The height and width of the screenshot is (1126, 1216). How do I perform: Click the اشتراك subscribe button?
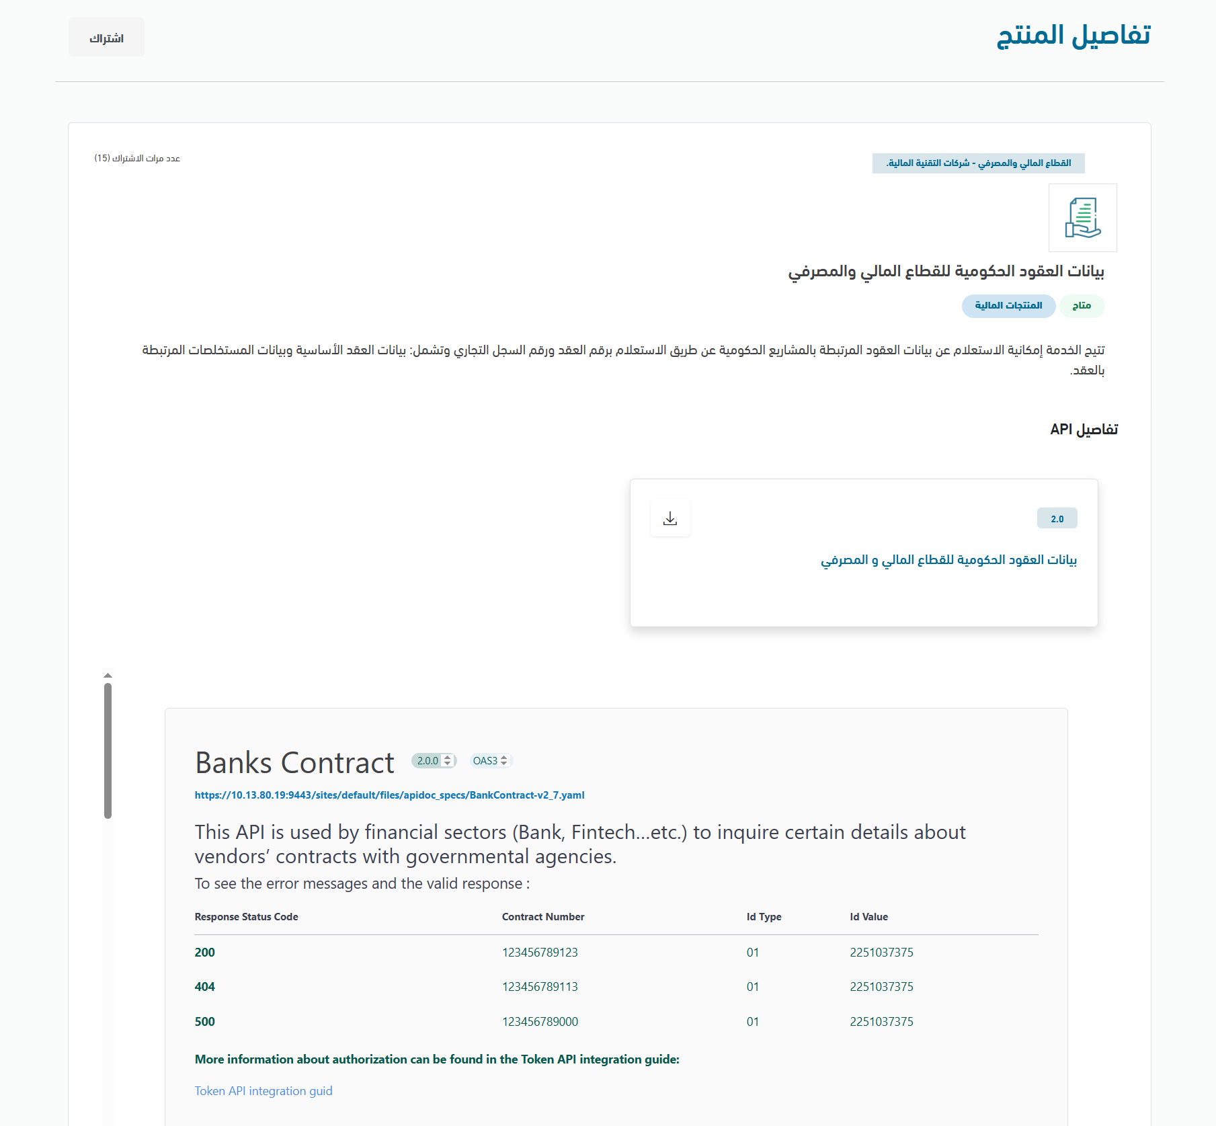pos(106,38)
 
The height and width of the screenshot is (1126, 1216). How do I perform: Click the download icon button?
pos(670,518)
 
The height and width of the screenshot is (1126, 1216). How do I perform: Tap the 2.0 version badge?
pos(1057,518)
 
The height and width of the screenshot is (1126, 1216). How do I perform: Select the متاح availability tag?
pos(1082,306)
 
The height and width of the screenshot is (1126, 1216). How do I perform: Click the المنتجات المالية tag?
pos(1008,306)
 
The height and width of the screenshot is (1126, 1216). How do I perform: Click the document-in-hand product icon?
pos(1082,218)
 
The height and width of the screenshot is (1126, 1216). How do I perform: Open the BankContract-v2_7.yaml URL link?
pos(389,795)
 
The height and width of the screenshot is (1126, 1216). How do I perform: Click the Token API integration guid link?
pos(264,1091)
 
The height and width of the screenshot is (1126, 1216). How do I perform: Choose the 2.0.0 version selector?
pos(434,761)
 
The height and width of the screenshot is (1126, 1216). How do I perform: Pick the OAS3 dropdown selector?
pos(490,761)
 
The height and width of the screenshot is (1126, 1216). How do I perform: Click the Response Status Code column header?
pos(246,917)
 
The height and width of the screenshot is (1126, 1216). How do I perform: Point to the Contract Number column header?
pos(542,917)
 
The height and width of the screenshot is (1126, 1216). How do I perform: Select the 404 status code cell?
pos(205,987)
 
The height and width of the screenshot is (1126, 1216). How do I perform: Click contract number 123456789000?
pos(540,1022)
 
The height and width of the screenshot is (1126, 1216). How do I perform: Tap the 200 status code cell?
pos(205,953)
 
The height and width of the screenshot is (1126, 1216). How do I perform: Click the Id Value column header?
pos(868,917)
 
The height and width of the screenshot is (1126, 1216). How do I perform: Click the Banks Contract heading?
pos(294,763)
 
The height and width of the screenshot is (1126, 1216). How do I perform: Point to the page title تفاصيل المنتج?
pos(1073,35)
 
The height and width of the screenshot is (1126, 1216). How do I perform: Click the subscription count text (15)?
pos(137,159)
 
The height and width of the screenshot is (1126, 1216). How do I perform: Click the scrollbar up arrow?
pos(108,675)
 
